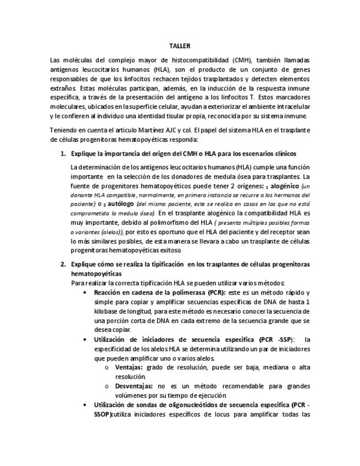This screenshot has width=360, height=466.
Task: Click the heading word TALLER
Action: click(x=179, y=47)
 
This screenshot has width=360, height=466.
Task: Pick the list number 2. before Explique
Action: click(x=63, y=264)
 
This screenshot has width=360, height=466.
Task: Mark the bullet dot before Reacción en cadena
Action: click(x=84, y=292)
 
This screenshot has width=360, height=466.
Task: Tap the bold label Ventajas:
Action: click(x=130, y=367)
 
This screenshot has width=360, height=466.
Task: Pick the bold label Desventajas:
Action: click(x=135, y=386)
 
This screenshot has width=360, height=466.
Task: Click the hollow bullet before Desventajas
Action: click(x=106, y=386)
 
